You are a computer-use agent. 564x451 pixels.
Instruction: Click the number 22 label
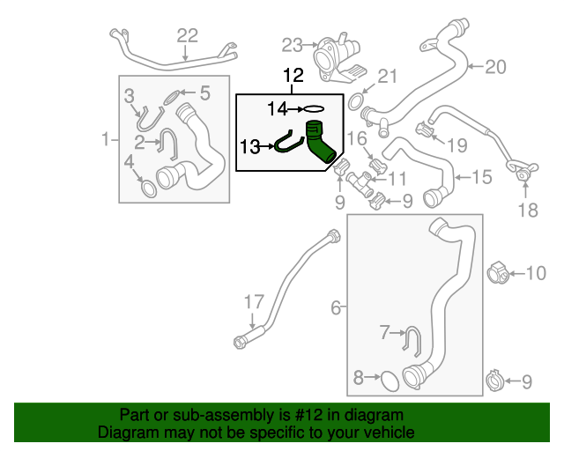point(188,35)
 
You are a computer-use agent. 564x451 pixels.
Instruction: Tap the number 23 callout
point(292,43)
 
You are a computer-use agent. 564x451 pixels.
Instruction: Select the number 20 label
point(496,66)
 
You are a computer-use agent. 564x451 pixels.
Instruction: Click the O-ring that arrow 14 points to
point(314,110)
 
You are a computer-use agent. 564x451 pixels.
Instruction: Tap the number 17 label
point(253,302)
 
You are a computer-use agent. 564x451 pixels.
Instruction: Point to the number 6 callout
point(336,307)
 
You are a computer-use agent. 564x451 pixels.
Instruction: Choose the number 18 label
point(527,210)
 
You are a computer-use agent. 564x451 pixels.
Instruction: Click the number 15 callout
point(481,177)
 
